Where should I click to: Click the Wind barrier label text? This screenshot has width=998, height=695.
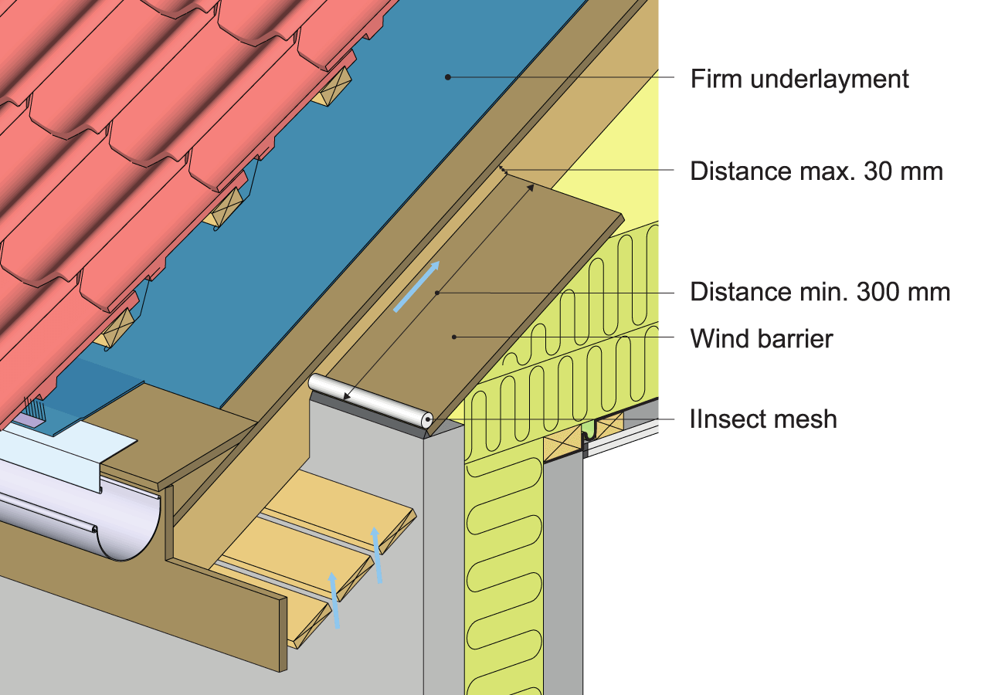[761, 338]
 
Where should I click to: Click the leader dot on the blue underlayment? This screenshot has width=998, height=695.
[447, 76]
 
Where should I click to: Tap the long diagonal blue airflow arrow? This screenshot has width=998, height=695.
[417, 286]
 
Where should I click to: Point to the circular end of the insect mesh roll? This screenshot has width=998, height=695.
[426, 419]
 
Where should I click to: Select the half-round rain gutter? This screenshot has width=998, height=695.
[85, 517]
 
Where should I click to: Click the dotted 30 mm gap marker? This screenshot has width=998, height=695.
[502, 171]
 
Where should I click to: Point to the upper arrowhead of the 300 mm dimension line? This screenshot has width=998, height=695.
[531, 186]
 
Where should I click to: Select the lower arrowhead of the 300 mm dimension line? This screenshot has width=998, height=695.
[347, 398]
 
